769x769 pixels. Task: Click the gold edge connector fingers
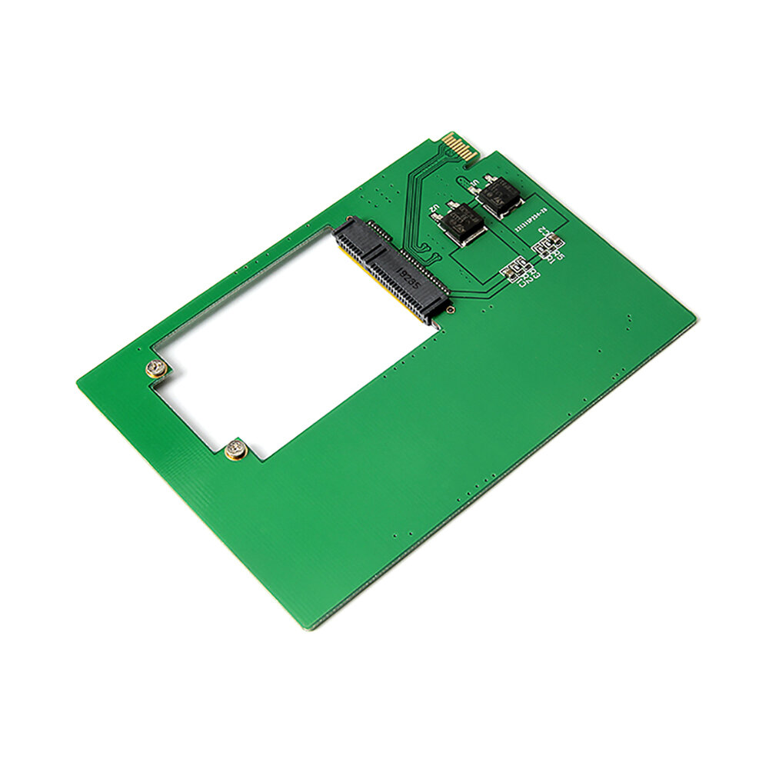461,146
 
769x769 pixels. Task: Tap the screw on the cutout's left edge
158,370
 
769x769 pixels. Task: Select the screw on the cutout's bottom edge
236,451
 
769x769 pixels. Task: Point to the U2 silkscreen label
435,208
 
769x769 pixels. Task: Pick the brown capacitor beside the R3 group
508,271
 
